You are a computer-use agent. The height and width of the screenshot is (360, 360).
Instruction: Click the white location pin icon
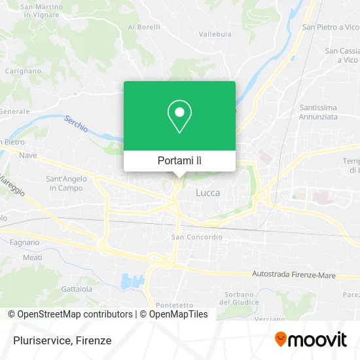coord(179,116)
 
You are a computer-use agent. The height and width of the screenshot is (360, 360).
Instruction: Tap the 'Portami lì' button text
coord(179,160)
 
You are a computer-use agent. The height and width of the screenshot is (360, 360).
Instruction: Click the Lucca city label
coord(208,193)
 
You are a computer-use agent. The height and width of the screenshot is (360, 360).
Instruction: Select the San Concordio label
coord(196,237)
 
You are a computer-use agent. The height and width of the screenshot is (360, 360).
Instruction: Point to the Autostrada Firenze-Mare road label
coord(294,276)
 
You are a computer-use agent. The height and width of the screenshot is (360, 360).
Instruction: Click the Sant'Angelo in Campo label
coord(64,183)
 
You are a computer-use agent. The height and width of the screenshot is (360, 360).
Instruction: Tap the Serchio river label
coord(76,124)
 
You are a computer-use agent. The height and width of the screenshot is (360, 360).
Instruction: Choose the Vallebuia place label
coord(215,33)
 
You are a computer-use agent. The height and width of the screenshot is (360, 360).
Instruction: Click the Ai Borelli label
coord(143,27)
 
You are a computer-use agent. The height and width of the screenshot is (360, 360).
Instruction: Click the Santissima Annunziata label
coord(318,112)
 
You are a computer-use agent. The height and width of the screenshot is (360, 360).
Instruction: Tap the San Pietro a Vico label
coord(331,27)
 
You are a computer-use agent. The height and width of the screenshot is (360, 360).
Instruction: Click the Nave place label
coord(27,155)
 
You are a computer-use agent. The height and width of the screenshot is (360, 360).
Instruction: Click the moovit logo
coord(310,340)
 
